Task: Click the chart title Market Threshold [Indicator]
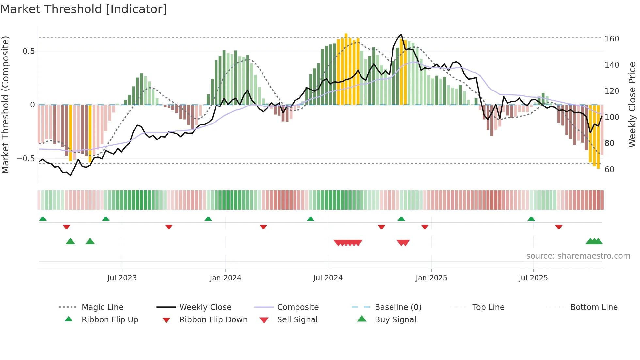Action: (84, 9)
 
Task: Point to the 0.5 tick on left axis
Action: (28, 51)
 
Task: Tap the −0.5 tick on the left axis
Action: (26, 159)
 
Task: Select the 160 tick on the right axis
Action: (612, 39)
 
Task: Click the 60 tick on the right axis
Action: (609, 170)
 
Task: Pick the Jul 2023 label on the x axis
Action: (122, 278)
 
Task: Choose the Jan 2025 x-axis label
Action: (431, 278)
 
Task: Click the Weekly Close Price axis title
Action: (632, 105)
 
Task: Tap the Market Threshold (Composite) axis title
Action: (5, 105)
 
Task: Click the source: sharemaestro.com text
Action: (578, 256)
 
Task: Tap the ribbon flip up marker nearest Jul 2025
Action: (531, 219)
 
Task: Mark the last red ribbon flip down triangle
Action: (558, 227)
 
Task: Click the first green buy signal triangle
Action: (70, 241)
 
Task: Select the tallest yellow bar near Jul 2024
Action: (346, 69)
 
